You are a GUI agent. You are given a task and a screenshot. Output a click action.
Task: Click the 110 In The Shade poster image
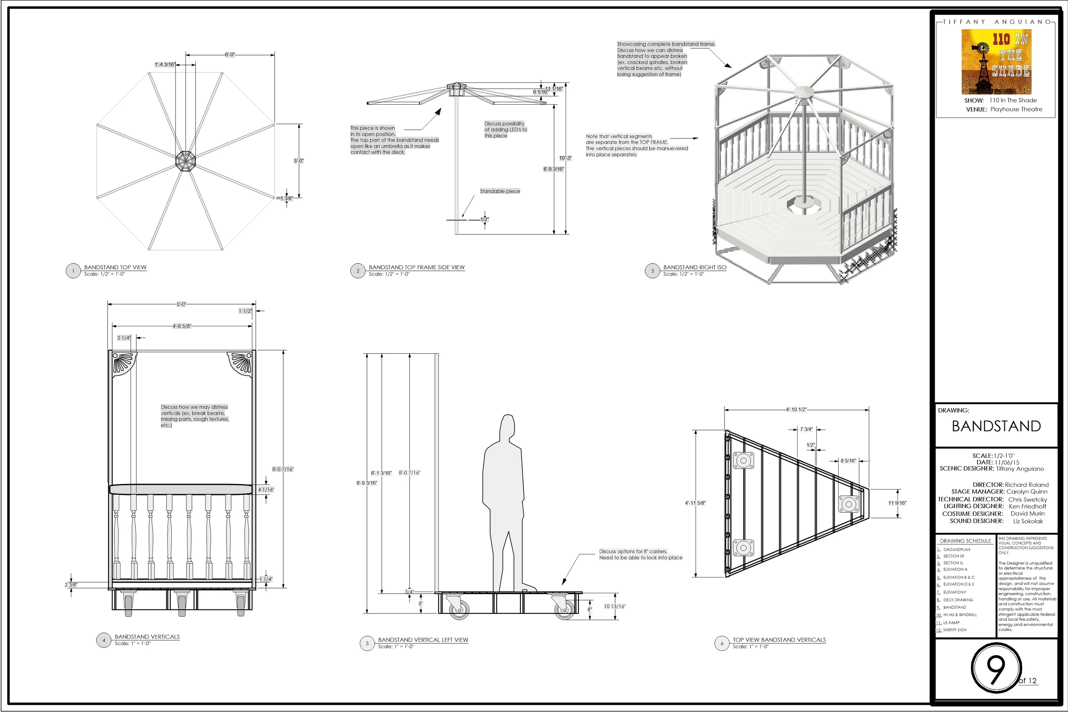click(x=996, y=62)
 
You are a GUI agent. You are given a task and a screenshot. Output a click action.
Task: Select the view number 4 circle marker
click(x=103, y=640)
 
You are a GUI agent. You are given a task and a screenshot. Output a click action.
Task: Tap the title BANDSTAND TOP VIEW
click(x=115, y=267)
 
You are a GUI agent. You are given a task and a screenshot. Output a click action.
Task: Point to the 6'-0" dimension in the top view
click(x=230, y=55)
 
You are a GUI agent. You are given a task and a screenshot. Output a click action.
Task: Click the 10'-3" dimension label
click(x=565, y=158)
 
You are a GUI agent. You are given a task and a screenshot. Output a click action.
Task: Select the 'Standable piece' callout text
click(x=500, y=191)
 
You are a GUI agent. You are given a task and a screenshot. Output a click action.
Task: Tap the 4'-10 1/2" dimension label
click(x=796, y=410)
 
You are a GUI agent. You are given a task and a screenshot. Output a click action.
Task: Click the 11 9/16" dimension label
click(x=897, y=503)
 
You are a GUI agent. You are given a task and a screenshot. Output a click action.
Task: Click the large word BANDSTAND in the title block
click(x=996, y=426)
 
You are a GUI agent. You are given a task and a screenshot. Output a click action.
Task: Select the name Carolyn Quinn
click(x=1027, y=492)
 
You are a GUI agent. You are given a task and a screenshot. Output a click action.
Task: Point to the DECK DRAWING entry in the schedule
click(x=958, y=600)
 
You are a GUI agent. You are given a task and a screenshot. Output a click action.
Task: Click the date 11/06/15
click(x=1007, y=462)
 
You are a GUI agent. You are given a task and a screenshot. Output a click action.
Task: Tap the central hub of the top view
click(x=185, y=161)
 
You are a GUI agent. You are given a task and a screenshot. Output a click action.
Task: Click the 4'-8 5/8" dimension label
click(x=182, y=326)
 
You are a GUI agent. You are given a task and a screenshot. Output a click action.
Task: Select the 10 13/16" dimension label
click(x=614, y=606)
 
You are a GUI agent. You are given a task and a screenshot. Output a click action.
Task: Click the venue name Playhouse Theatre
click(x=1016, y=109)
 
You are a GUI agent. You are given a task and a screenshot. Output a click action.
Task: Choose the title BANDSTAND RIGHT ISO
click(x=695, y=267)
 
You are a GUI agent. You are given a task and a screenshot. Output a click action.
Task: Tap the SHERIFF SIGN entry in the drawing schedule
click(x=955, y=630)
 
